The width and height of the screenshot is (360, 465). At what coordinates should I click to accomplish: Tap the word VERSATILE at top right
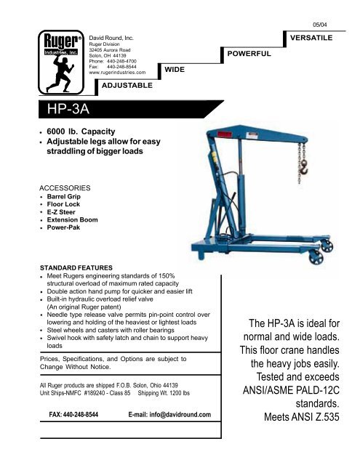click(311, 35)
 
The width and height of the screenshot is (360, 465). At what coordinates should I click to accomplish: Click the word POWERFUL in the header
click(249, 54)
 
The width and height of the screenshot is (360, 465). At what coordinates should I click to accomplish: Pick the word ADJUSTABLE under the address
click(128, 85)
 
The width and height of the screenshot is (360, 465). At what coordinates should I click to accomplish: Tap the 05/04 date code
click(329, 12)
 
